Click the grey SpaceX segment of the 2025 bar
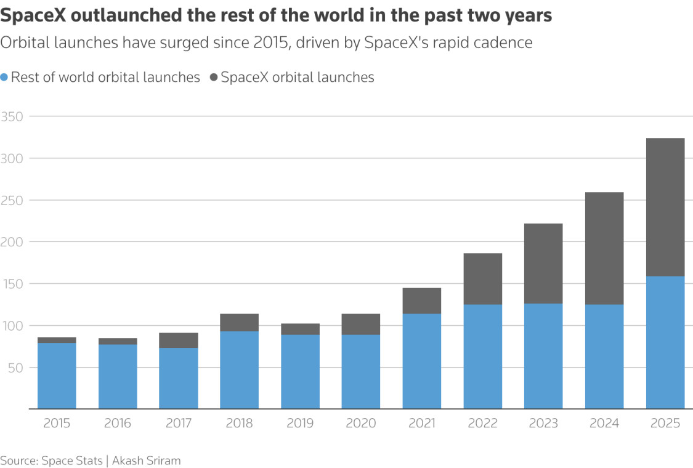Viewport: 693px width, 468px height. click(665, 207)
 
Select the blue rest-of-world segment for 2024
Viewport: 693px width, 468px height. click(604, 357)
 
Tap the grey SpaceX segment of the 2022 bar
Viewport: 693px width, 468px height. click(482, 279)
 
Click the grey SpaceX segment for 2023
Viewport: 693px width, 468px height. click(543, 264)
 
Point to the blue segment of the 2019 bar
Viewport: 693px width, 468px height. click(300, 372)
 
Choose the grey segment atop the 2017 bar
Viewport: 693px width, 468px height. click(179, 341)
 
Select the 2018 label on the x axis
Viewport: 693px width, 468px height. click(239, 424)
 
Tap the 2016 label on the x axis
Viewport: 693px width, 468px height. click(118, 424)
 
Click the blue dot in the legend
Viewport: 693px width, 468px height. click(4, 78)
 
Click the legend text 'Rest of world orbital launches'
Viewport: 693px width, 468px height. click(105, 78)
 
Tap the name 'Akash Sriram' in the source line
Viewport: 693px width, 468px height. click(146, 461)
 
